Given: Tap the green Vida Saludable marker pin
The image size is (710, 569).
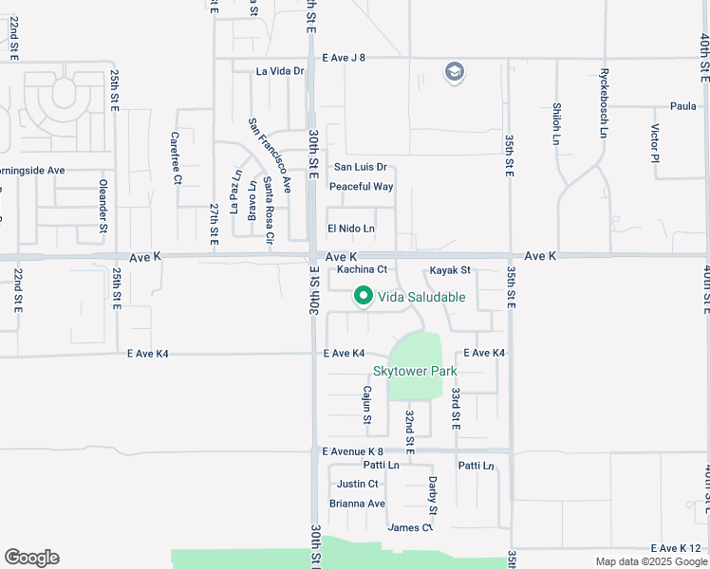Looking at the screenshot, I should pos(363,296).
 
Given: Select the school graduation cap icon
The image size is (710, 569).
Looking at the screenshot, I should pos(454,72).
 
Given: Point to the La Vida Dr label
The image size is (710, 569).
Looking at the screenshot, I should pos(280,71).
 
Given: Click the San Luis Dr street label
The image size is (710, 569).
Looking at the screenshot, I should pos(359,167).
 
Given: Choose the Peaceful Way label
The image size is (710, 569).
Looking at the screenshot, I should pos(361,187).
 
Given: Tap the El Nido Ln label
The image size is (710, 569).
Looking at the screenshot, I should pos(350,229).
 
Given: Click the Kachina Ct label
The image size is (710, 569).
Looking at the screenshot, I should pos(362,269).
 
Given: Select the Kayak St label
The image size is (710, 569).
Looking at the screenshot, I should pos(450,270).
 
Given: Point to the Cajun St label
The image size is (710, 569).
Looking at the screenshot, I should pos(367,404).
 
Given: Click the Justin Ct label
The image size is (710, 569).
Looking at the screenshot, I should pos(357,484).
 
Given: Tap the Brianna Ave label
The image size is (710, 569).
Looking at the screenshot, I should pos(357,504).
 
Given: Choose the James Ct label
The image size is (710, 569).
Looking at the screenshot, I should pos(409,527).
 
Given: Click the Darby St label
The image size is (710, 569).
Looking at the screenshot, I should pos(432,493).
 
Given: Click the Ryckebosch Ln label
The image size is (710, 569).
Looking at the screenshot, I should pos(603,102).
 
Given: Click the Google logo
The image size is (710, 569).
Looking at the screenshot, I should pos(31,558).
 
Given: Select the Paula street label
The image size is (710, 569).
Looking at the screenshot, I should pos(682,106).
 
